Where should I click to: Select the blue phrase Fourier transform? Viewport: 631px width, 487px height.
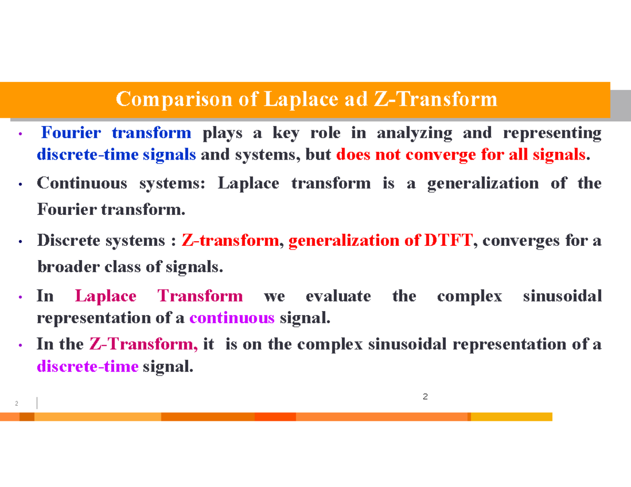coord(116,133)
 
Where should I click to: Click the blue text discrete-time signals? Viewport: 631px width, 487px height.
coord(117,155)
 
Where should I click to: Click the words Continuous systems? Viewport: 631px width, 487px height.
coord(123,183)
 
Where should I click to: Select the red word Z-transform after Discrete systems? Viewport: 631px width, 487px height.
coord(230,241)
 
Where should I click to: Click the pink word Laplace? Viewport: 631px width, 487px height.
coord(106,296)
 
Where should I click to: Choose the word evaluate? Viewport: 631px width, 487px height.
coord(338,296)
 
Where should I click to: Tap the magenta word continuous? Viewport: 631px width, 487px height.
coord(232,318)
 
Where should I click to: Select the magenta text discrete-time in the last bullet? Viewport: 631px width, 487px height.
coord(88,367)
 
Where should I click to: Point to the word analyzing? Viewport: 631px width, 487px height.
coord(414,133)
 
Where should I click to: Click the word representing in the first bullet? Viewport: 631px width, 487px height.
coord(552,133)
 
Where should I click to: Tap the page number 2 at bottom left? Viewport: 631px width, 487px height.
coord(16,404)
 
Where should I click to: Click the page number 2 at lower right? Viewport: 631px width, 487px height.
coord(425,396)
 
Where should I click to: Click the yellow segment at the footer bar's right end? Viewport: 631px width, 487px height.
coord(511,417)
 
